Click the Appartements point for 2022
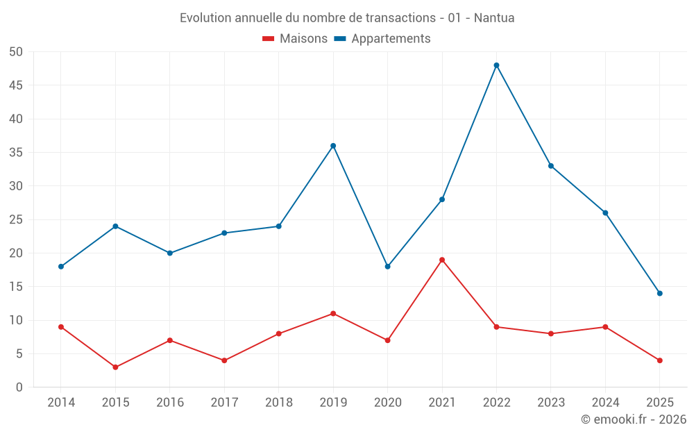point(496,65)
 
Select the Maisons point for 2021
point(442,260)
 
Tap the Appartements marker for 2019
point(333,146)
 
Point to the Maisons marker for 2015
point(115,367)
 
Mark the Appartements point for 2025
point(660,293)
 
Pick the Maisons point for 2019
point(333,313)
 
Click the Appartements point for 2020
point(387,267)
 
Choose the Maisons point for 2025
point(660,360)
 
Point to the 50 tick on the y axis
point(16,52)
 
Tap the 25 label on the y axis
point(16,219)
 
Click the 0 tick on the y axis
point(19,387)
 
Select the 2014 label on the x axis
point(61,403)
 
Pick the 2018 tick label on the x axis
point(278,403)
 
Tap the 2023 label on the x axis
point(551,403)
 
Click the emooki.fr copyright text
point(634,419)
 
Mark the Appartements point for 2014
point(61,267)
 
